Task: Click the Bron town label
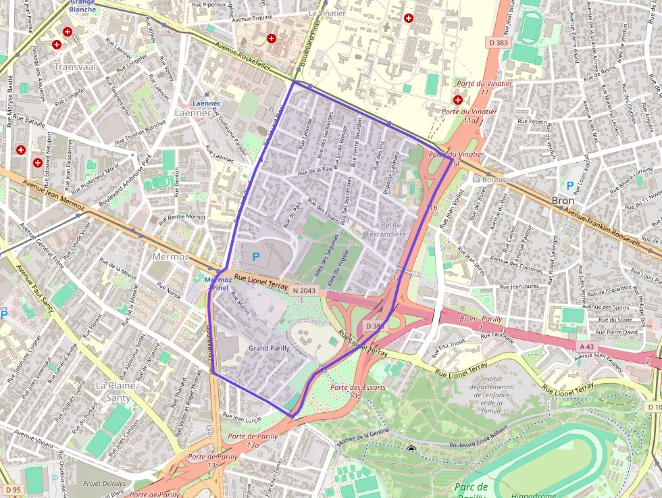(563, 201)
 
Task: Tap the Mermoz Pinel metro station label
(218, 283)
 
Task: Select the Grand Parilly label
(269, 348)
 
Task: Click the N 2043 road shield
(303, 291)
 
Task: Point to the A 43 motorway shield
(587, 347)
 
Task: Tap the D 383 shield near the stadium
(499, 43)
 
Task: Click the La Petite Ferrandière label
(389, 230)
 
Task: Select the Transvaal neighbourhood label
(75, 67)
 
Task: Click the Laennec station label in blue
(207, 103)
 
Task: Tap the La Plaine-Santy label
(118, 391)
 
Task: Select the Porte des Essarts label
(358, 387)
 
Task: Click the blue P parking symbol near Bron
(569, 185)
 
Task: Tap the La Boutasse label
(493, 180)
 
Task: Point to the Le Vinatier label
(326, 13)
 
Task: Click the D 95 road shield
(11, 489)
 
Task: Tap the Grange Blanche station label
(82, 6)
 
